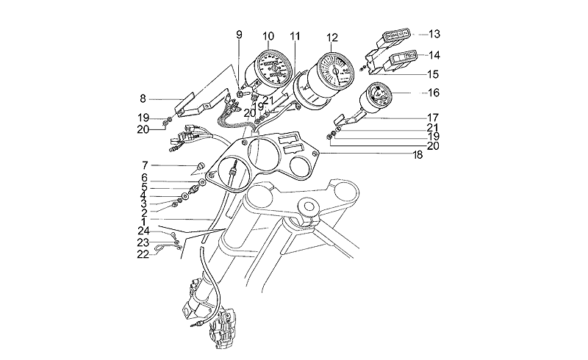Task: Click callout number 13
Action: coord(434,35)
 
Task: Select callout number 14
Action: coord(434,55)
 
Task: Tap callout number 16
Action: coord(434,93)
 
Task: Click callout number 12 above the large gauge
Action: coord(332,37)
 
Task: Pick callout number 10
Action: coord(268,36)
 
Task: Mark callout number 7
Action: coord(146,165)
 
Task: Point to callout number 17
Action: coord(434,117)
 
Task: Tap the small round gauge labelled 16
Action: coord(380,100)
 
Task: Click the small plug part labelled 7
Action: coord(199,165)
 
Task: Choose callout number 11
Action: coord(295,36)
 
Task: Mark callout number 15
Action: coord(434,74)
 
